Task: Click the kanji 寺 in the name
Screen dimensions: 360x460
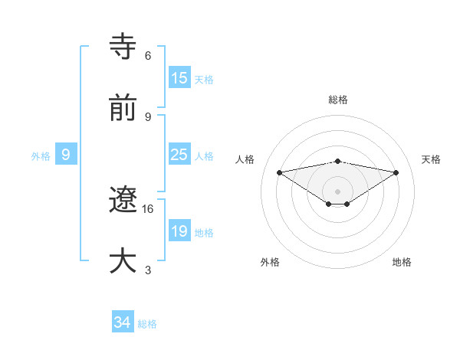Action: tap(123, 47)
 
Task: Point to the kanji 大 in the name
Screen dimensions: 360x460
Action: tap(123, 260)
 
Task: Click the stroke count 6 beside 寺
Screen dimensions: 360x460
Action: tap(148, 56)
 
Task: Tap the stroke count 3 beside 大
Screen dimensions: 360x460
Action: tap(148, 270)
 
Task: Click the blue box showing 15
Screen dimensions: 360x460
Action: tap(179, 78)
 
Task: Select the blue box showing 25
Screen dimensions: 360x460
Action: tap(179, 155)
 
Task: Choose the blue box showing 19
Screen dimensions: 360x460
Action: tap(179, 231)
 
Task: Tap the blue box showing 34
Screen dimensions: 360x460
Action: tap(123, 323)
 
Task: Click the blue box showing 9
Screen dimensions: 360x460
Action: tap(66, 155)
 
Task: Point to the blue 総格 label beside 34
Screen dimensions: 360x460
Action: tap(147, 324)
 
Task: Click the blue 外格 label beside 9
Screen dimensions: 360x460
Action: tap(41, 156)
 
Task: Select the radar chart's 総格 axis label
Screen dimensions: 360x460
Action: tap(338, 100)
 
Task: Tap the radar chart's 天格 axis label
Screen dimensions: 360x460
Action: tap(432, 159)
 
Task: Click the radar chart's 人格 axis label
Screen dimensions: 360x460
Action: tap(245, 159)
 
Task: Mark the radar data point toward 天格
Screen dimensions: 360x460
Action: tap(396, 172)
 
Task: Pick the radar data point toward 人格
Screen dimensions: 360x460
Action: tap(280, 172)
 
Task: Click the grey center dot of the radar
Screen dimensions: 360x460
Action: tap(338, 191)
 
